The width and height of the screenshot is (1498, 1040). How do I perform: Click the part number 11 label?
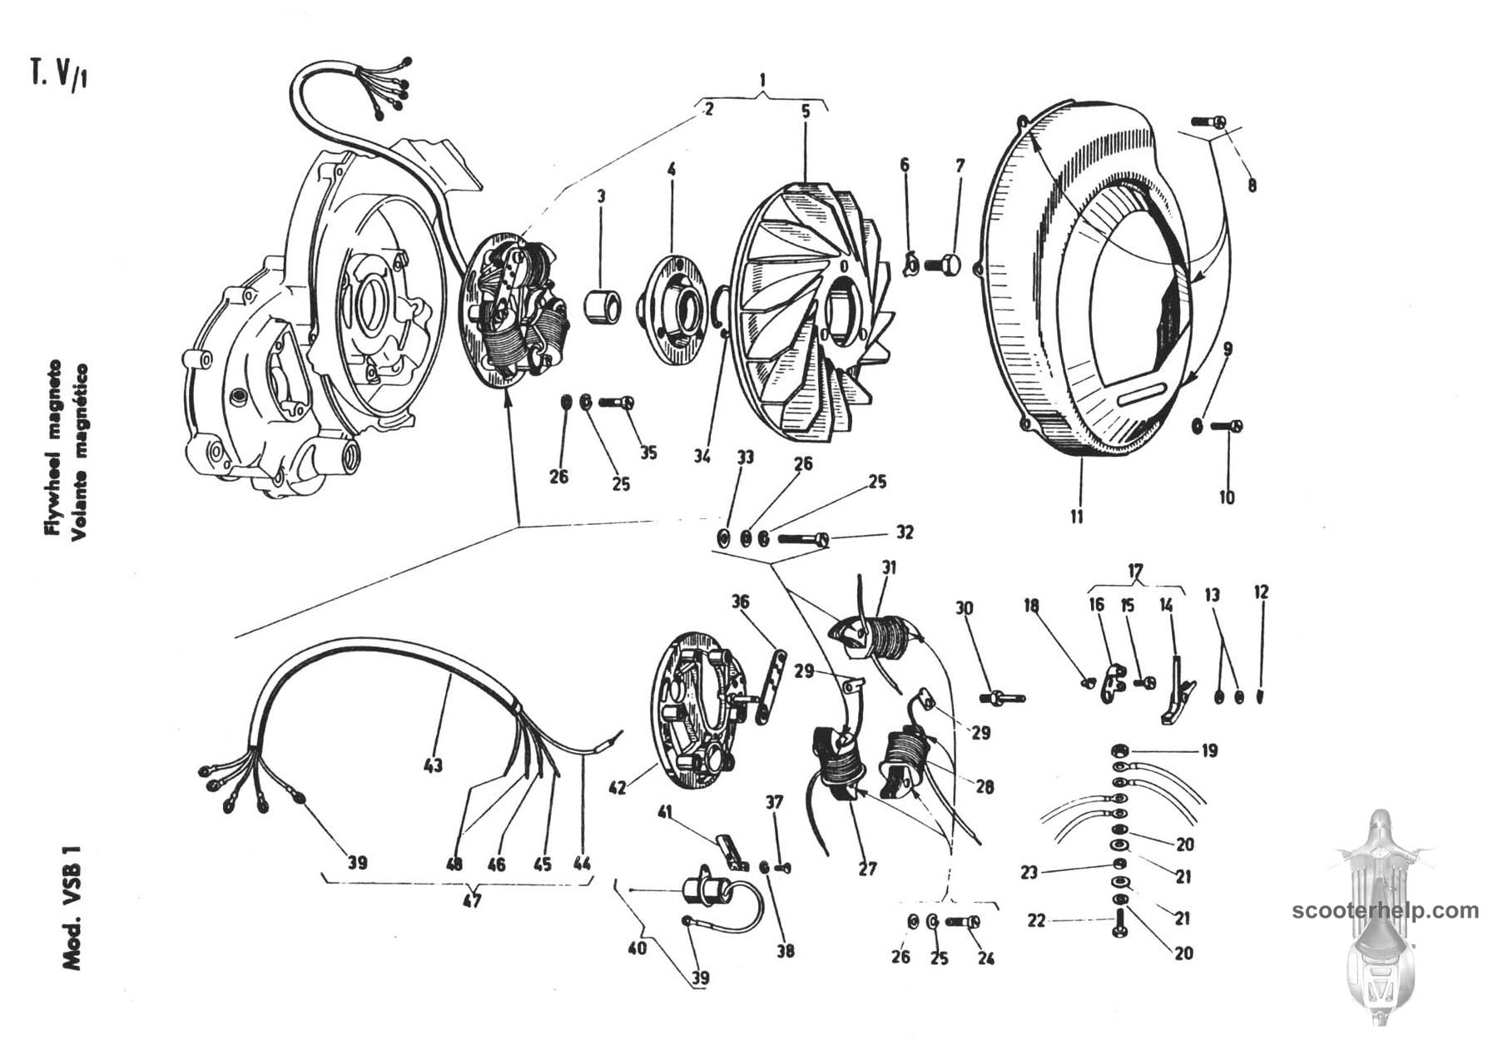click(1077, 517)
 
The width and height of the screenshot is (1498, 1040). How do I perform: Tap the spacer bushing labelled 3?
click(605, 306)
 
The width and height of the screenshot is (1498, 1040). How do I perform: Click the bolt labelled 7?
click(944, 265)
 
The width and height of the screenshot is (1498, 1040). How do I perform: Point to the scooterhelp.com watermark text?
click(1386, 910)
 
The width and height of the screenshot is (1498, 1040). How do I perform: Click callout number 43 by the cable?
click(432, 765)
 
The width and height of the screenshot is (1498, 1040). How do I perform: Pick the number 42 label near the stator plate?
click(618, 787)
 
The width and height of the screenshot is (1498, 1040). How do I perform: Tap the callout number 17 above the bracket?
click(1136, 572)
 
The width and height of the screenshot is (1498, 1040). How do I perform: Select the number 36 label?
click(740, 602)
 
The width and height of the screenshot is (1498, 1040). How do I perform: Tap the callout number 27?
click(867, 869)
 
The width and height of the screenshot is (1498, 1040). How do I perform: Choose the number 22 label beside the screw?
click(1036, 921)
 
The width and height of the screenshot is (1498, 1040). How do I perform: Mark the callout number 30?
click(964, 610)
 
